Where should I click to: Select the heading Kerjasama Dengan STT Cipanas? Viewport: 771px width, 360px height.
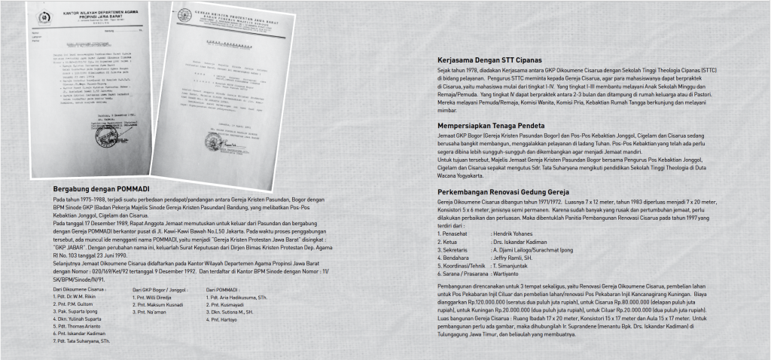coord(489,59)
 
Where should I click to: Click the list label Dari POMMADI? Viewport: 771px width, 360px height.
coord(221,288)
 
